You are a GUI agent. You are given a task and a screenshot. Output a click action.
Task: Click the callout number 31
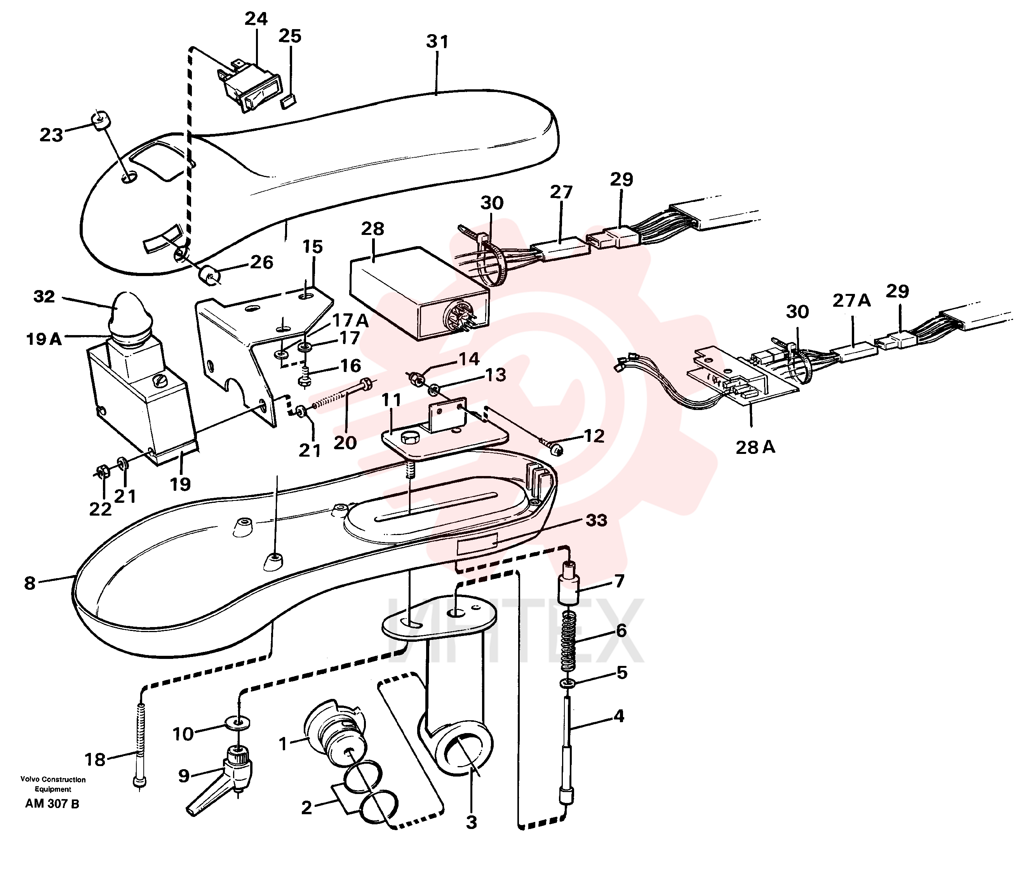(437, 42)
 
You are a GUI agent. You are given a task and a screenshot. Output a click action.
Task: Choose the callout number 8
(30, 583)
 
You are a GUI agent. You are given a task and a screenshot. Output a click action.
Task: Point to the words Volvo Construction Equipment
(53, 784)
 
